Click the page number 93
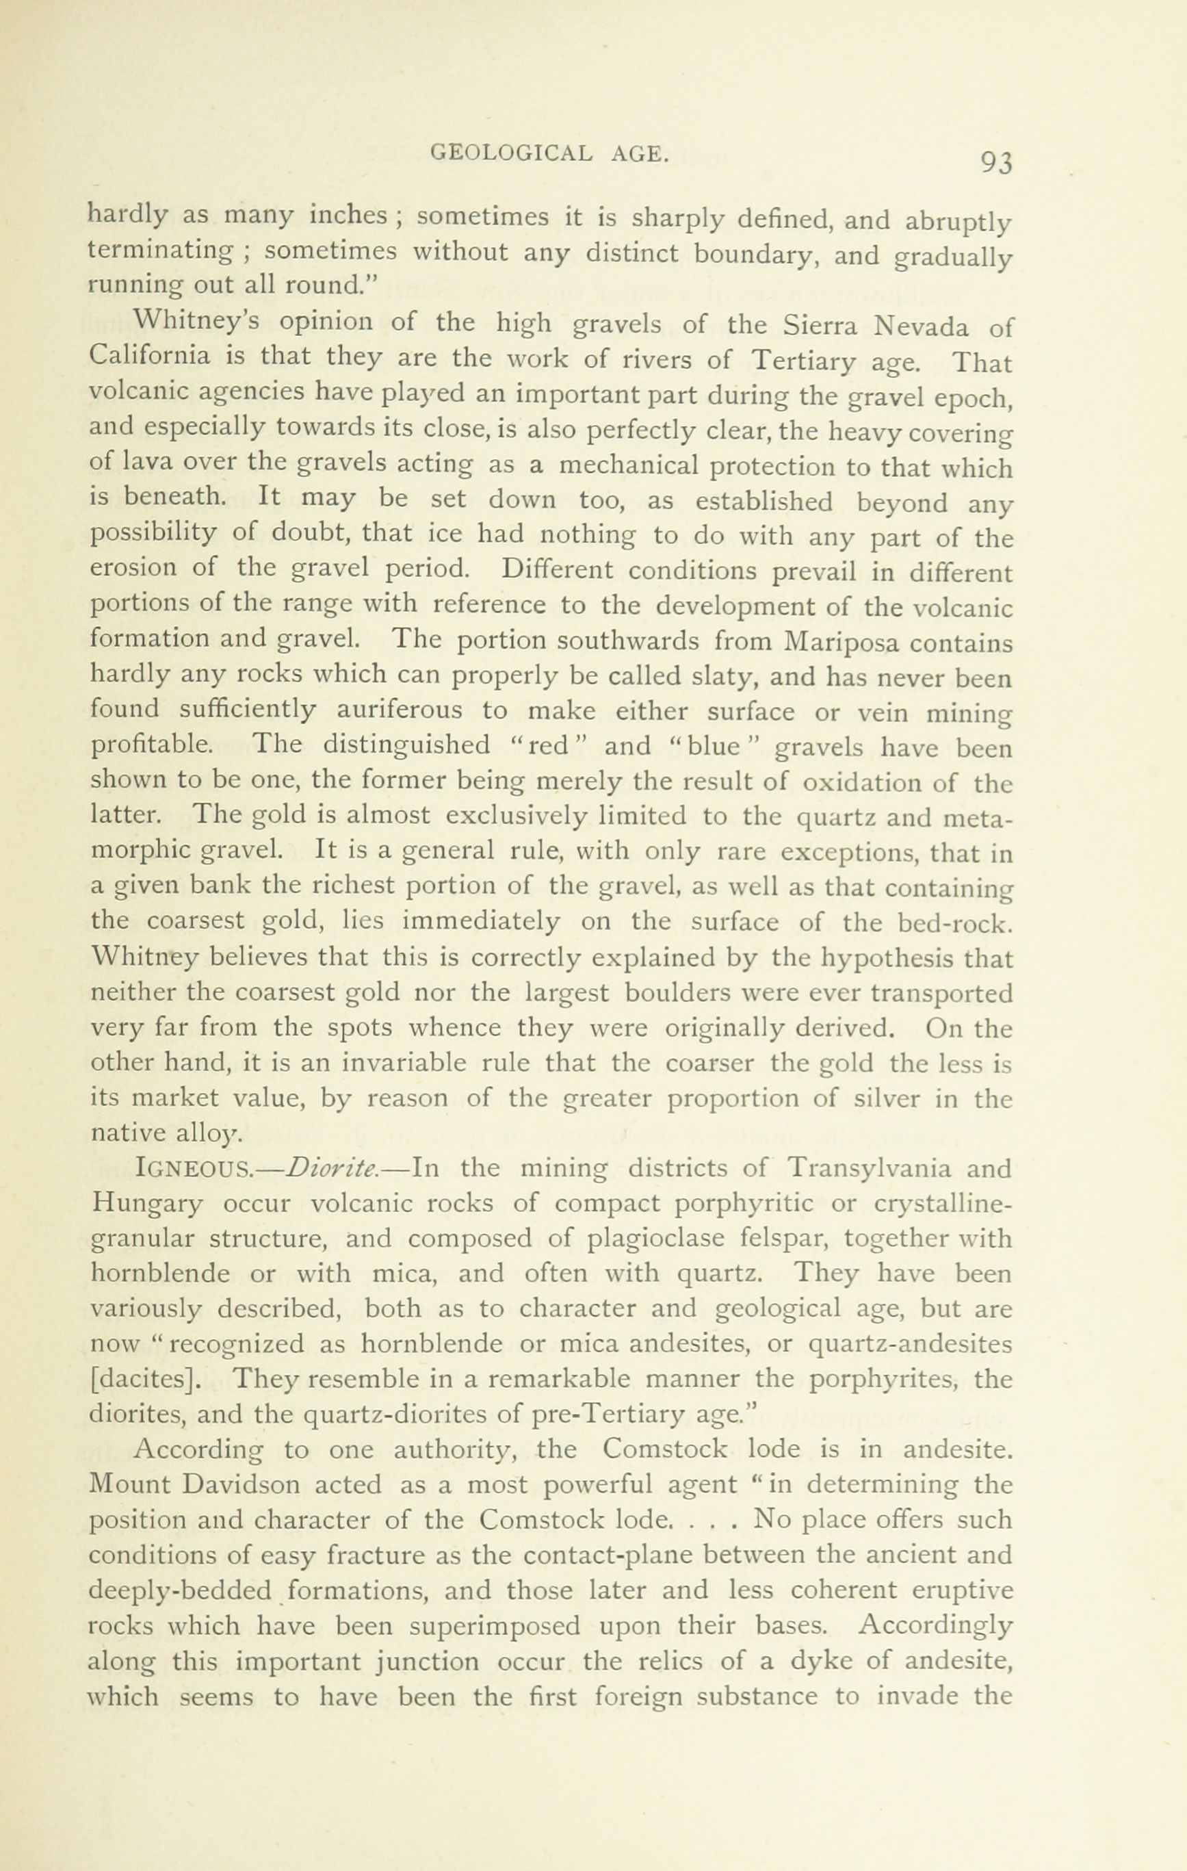(996, 162)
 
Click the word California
(149, 356)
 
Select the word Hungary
(148, 1204)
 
